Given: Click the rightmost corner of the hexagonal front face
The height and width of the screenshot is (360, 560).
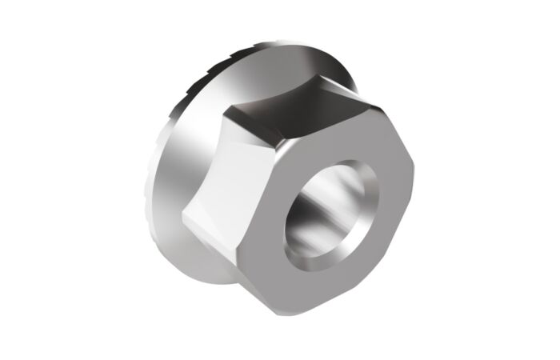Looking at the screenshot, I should (x=415, y=161).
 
